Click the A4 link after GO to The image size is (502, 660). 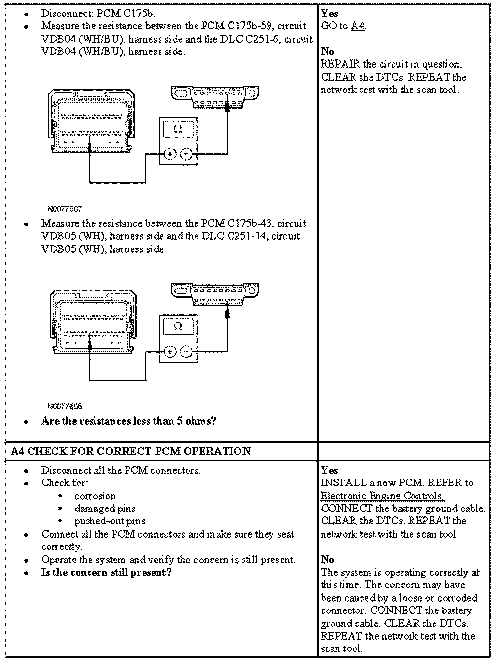(x=358, y=26)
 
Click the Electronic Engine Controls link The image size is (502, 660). (x=382, y=496)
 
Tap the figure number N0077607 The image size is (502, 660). (x=64, y=209)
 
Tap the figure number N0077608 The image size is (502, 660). (x=64, y=406)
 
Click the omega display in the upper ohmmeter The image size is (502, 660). (x=178, y=129)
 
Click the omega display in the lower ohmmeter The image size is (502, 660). (x=178, y=326)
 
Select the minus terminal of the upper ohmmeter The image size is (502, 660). (x=186, y=154)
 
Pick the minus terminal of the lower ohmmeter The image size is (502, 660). (x=186, y=352)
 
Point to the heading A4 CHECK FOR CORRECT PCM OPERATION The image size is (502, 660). (x=131, y=451)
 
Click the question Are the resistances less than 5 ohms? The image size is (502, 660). (x=128, y=421)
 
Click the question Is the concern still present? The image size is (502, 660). (x=106, y=572)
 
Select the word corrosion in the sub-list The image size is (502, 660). (x=95, y=496)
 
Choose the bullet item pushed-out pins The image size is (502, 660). (x=110, y=521)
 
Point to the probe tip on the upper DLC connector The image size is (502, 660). (x=227, y=105)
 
